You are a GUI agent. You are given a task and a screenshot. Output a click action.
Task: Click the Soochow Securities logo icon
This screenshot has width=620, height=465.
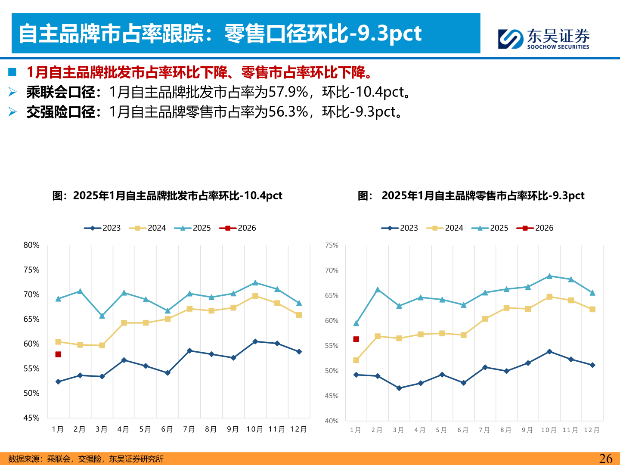pyautogui.click(x=511, y=39)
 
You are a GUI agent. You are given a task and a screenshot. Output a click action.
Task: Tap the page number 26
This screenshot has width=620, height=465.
pyautogui.click(x=605, y=459)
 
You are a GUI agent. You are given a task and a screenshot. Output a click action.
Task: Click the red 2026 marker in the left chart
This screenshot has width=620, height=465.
pyautogui.click(x=58, y=354)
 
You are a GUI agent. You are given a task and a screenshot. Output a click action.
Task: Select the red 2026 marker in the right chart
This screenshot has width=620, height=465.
pyautogui.click(x=356, y=339)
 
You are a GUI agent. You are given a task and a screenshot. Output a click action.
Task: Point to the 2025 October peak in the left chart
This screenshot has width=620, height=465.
pyautogui.click(x=255, y=283)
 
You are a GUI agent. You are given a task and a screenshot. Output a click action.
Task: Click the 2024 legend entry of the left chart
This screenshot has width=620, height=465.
pyautogui.click(x=148, y=228)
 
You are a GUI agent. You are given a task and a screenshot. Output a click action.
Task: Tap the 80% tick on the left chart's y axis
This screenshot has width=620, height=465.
pyautogui.click(x=31, y=245)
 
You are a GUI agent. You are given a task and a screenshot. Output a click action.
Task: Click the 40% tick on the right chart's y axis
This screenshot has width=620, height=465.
pyautogui.click(x=332, y=421)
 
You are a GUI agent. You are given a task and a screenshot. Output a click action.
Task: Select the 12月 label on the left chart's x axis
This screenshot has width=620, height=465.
pyautogui.click(x=298, y=429)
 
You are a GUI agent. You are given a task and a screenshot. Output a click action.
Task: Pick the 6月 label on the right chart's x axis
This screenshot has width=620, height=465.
pyautogui.click(x=463, y=430)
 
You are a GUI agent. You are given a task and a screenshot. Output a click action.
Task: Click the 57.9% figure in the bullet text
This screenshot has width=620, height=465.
pyautogui.click(x=288, y=92)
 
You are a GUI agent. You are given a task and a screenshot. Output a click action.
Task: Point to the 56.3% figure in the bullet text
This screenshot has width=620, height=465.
pyautogui.click(x=288, y=112)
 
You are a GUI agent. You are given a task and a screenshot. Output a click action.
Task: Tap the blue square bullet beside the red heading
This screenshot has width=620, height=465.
pyautogui.click(x=12, y=72)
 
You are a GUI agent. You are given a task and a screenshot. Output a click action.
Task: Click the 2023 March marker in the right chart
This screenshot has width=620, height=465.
pyautogui.click(x=399, y=388)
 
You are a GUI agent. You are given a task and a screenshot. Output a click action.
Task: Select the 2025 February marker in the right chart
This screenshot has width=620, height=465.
pyautogui.click(x=378, y=290)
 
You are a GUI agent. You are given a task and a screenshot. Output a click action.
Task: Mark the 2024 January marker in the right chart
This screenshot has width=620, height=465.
pyautogui.click(x=356, y=360)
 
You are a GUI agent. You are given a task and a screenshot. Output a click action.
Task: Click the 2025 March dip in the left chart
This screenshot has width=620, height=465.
pyautogui.click(x=102, y=316)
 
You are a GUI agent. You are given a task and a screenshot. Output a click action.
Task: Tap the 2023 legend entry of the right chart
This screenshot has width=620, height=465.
pyautogui.click(x=400, y=228)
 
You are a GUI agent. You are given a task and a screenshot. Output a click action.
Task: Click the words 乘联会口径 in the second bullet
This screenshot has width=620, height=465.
pyautogui.click(x=61, y=92)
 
